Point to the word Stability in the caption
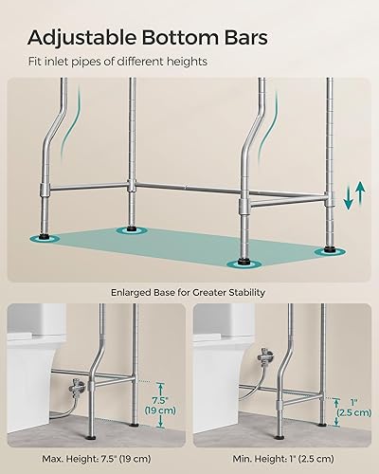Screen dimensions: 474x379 click(x=243, y=293)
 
